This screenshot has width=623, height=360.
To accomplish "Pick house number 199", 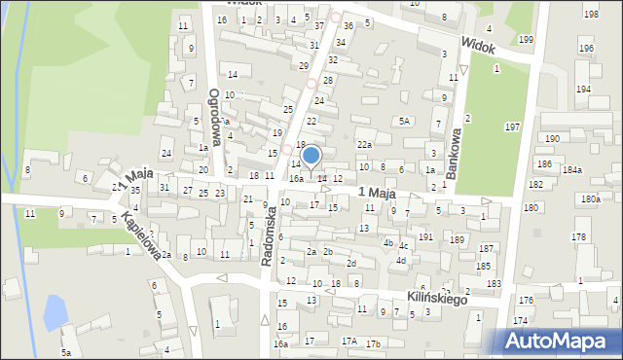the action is click(x=526, y=39).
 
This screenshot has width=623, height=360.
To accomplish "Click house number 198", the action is click(x=591, y=14).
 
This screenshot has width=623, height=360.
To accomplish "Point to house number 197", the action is click(x=513, y=127).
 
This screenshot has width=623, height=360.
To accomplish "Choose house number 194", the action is click(x=583, y=89).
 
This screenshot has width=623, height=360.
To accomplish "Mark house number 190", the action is click(x=552, y=139).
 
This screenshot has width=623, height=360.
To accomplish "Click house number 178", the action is click(x=579, y=237).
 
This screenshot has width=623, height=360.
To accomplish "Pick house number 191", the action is click(x=425, y=236).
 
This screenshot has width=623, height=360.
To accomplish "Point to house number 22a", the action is click(x=364, y=145).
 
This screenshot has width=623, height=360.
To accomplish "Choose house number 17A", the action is click(x=348, y=342).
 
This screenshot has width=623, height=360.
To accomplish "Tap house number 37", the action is click(x=319, y=25).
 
